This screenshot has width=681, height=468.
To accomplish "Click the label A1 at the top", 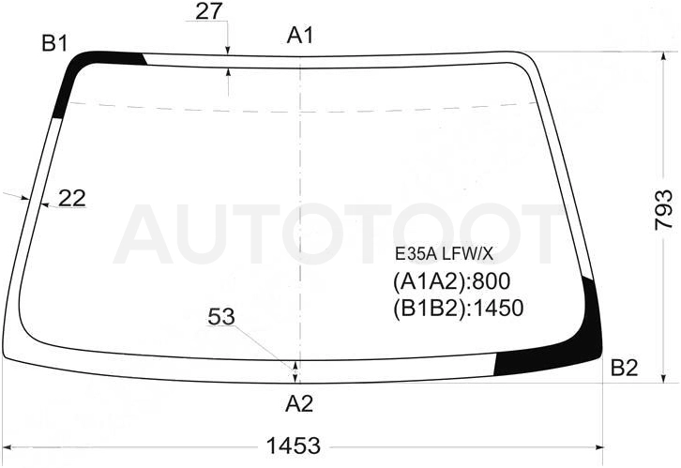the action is point(299,35).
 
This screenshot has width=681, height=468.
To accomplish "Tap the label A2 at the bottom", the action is point(299,404).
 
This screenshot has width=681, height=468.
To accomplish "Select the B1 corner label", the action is point(54,43).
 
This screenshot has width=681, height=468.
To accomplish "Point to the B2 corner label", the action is point(624,369).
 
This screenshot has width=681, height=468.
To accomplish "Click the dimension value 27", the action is point(208,11).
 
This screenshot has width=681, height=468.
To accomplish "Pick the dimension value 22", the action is point(71,198).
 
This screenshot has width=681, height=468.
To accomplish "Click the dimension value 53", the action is point(221,316).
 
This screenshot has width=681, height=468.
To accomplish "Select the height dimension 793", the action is point(663,210).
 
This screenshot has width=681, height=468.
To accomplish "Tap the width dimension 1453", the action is point(294,445).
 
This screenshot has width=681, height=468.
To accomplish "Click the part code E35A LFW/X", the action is point(444,254).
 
